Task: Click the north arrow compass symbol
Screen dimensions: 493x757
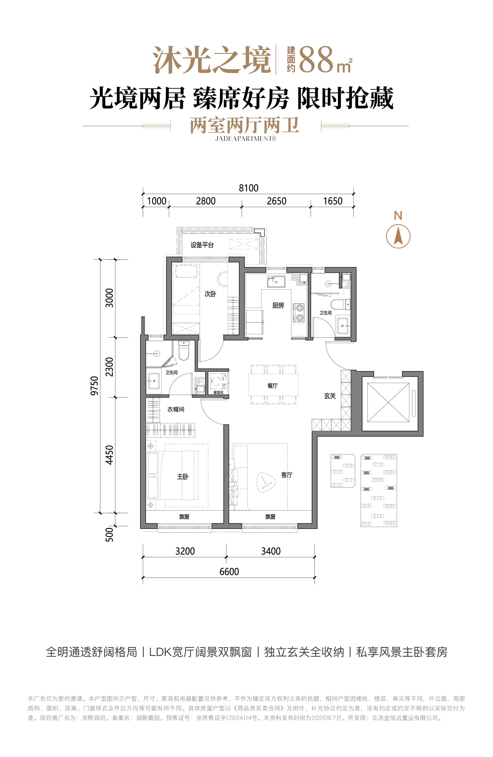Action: tap(398, 236)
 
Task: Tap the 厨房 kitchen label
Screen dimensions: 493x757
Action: tap(278, 306)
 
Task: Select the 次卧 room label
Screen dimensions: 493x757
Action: tap(210, 294)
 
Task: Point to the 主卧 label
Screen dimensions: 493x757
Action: tap(183, 476)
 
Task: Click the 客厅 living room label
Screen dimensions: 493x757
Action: tap(287, 475)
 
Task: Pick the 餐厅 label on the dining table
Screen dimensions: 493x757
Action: tap(273, 385)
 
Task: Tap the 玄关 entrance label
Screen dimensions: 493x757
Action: tap(330, 396)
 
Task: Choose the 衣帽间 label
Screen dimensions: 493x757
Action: tap(176, 409)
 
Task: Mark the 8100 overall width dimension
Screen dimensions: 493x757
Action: tap(249, 188)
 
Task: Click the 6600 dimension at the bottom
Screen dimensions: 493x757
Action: tap(229, 572)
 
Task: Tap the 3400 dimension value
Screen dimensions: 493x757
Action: tap(271, 551)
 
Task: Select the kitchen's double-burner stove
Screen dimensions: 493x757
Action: tap(299, 313)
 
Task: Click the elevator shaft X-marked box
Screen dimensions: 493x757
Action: tap(388, 402)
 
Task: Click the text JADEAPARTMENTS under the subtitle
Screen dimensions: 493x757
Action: tap(245, 138)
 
